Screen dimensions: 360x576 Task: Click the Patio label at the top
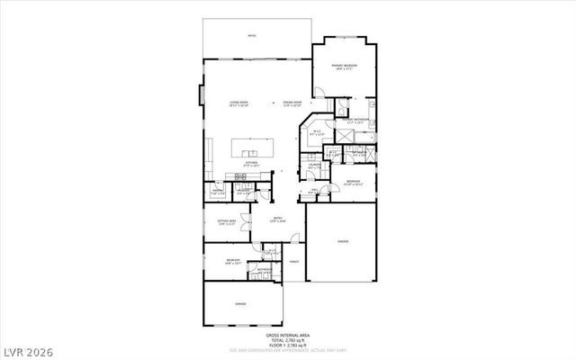pyautogui.click(x=253, y=35)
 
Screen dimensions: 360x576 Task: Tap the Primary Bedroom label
pyautogui.click(x=344, y=67)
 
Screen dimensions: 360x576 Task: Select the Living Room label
pyautogui.click(x=238, y=103)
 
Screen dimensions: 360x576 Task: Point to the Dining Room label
pyautogui.click(x=292, y=103)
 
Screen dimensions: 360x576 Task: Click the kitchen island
pyautogui.click(x=256, y=148)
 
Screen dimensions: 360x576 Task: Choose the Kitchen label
pyautogui.click(x=252, y=165)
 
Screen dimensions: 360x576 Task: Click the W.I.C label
pyautogui.click(x=317, y=134)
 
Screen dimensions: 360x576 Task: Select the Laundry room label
pyautogui.click(x=315, y=166)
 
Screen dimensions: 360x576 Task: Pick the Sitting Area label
pyautogui.click(x=226, y=221)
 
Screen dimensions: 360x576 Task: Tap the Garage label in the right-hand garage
pyautogui.click(x=343, y=241)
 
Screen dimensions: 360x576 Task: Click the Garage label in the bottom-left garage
pyautogui.click(x=241, y=305)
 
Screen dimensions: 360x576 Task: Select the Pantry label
pyautogui.click(x=219, y=192)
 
